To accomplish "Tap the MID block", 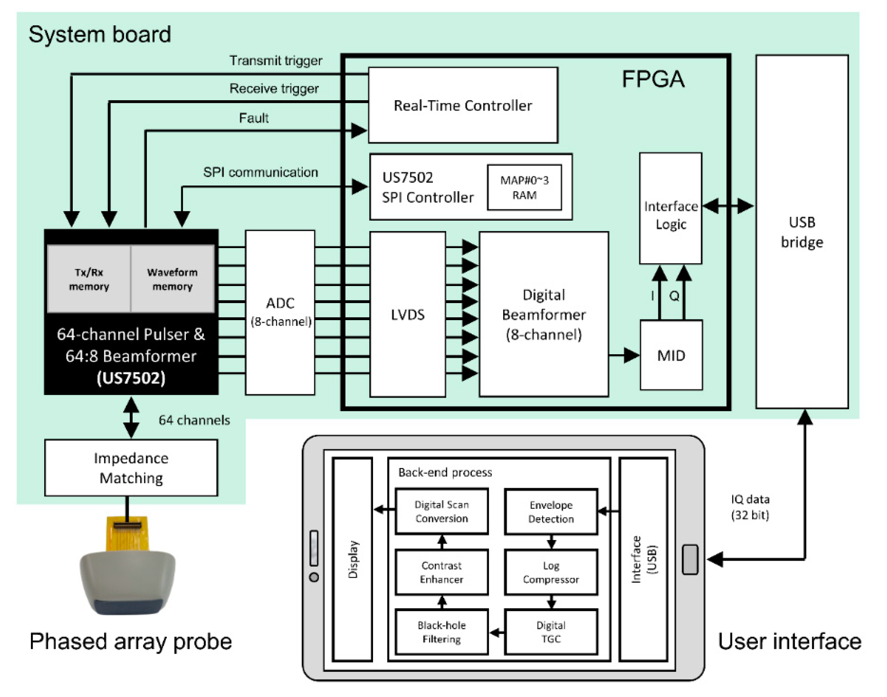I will [671, 355].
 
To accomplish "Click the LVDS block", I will [407, 314].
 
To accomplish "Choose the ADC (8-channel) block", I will [280, 312].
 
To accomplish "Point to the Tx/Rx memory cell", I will [89, 279].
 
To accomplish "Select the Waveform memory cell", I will [172, 279].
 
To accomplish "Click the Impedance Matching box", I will [131, 468].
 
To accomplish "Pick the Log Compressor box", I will [551, 572].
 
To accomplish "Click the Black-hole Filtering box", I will [442, 632].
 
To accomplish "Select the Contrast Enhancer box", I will [442, 572].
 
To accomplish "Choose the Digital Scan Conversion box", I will [442, 511].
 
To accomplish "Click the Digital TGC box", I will [551, 632].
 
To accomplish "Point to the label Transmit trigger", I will [276, 61].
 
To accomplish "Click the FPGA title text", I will [653, 79].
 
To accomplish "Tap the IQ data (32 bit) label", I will [750, 507].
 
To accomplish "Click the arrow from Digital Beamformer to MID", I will [624, 355].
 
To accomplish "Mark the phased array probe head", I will [128, 581].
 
